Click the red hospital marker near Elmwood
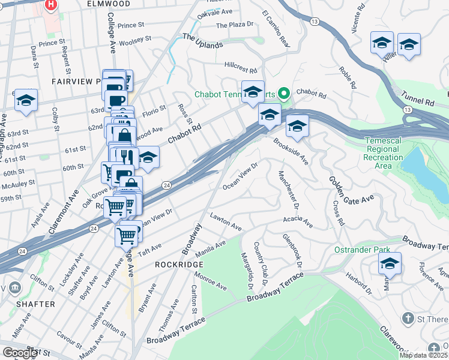[51, 5]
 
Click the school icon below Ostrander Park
[390, 263]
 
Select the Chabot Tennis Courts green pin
[285, 94]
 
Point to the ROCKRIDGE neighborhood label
[176, 264]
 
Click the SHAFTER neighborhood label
[35, 304]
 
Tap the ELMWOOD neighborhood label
[108, 4]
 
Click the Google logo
[20, 353]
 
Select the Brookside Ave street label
[291, 152]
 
